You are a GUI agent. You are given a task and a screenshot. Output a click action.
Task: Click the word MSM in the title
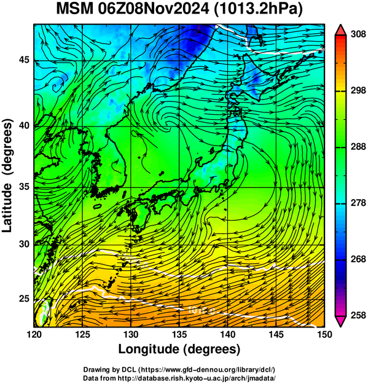click(75, 9)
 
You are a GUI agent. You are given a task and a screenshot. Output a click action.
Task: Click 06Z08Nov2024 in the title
click(154, 9)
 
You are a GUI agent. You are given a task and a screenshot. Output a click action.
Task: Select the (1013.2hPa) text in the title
click(259, 10)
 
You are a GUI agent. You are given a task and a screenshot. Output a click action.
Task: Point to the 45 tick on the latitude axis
click(24, 60)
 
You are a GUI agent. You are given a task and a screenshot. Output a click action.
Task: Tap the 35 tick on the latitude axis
click(24, 187)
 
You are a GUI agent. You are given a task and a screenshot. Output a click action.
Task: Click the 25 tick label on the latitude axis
click(24, 299)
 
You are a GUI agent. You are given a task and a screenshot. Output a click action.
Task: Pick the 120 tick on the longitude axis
click(34, 334)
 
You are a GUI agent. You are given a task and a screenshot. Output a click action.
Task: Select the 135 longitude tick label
click(179, 334)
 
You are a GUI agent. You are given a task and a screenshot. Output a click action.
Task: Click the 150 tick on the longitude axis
click(324, 334)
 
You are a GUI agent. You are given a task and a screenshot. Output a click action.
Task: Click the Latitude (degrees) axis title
click(7, 176)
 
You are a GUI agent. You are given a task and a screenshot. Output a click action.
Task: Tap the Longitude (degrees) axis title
click(179, 350)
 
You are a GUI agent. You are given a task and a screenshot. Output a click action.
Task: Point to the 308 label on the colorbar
click(358, 34)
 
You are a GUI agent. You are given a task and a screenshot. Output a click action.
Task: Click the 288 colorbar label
click(358, 147)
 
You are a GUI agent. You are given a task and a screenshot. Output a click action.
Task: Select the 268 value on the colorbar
click(358, 259)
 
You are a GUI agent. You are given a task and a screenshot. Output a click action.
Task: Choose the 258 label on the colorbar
click(358, 315)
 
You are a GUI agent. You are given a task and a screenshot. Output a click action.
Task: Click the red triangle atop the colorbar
click(340, 31)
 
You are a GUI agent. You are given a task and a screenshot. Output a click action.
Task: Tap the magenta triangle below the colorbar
click(340, 321)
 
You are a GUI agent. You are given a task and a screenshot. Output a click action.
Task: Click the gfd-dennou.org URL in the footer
click(207, 369)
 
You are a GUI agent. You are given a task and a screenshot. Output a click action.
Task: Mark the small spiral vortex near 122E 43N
click(56, 86)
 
